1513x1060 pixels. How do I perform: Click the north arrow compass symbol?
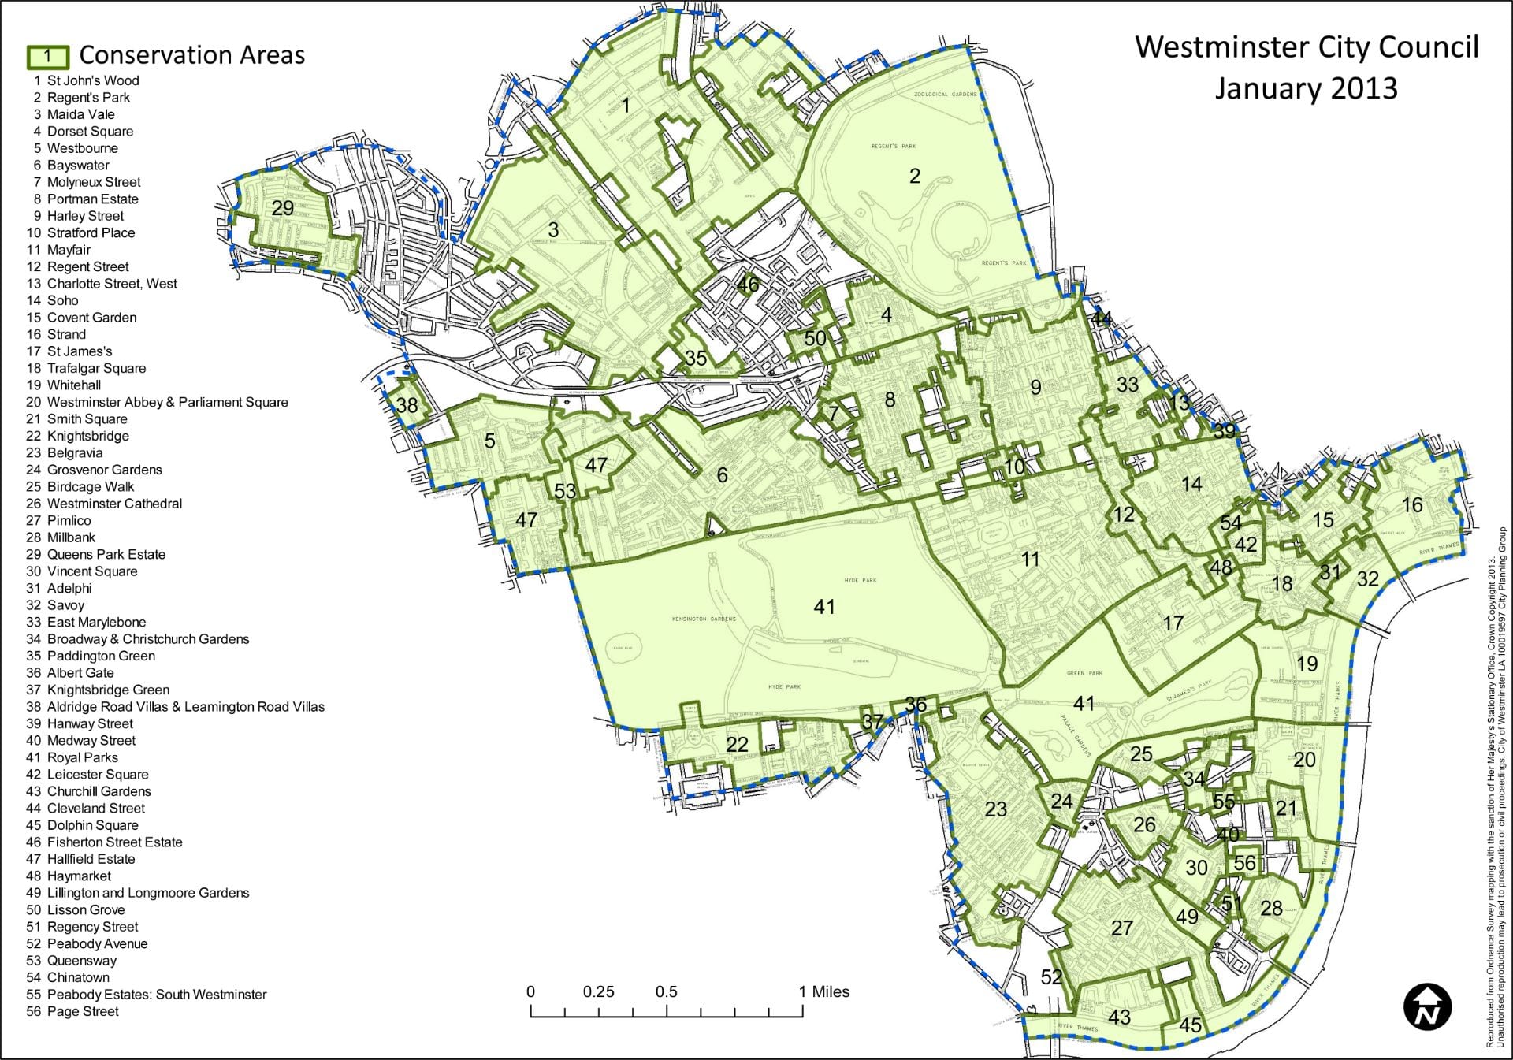(x=1427, y=1006)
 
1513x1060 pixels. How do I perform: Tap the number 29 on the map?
(x=282, y=208)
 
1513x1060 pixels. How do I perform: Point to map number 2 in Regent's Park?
(x=914, y=176)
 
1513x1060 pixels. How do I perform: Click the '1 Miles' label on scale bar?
(x=824, y=991)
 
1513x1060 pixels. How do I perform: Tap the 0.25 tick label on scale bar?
(x=598, y=991)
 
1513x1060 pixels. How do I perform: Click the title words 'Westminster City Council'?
(x=1306, y=47)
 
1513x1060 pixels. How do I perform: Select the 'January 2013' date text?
(x=1306, y=88)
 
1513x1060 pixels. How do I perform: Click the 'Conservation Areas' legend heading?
(x=191, y=55)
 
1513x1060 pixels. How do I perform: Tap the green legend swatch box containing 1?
(x=48, y=56)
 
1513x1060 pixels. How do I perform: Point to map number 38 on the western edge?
(x=407, y=405)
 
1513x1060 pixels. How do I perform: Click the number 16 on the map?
(x=1411, y=504)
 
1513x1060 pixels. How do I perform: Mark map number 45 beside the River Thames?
(x=1190, y=1025)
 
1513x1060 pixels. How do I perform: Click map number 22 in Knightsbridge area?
(x=737, y=745)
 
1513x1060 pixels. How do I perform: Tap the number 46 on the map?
(x=747, y=285)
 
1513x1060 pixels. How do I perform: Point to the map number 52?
(x=1051, y=976)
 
